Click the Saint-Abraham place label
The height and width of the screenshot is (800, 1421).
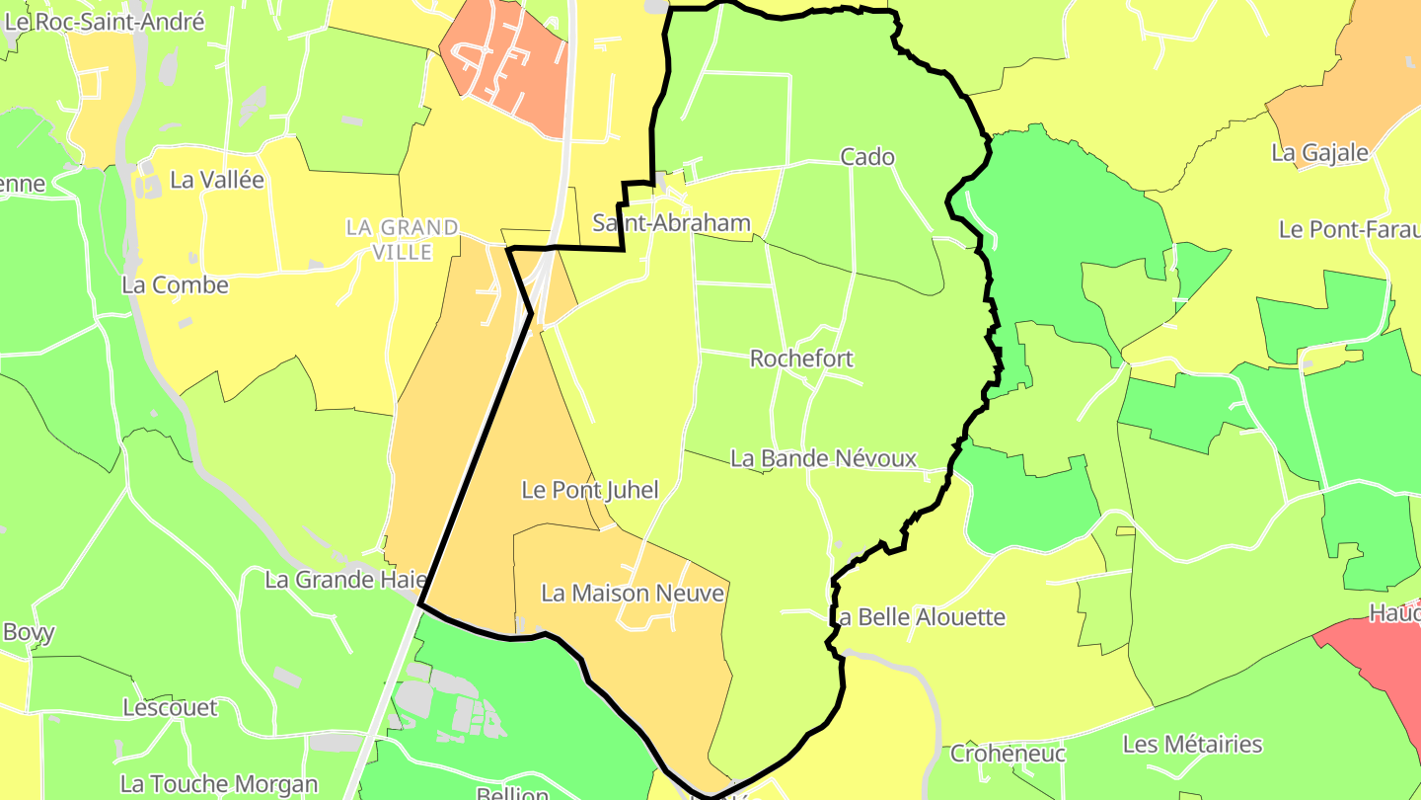671,223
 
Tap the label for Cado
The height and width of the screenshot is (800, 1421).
867,156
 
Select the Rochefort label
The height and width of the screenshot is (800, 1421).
801,358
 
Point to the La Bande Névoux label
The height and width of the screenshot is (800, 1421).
823,458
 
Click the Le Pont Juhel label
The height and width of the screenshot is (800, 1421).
589,489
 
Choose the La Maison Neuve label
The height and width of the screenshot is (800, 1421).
633,594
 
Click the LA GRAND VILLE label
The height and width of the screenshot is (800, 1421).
403,240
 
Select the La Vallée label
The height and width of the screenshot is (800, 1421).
217,180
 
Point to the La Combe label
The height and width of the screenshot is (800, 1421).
175,284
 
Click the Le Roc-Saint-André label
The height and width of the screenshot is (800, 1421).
104,22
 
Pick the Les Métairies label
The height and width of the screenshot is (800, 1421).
1192,744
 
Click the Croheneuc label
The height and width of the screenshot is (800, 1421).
1008,754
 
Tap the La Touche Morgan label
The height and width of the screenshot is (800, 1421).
219,784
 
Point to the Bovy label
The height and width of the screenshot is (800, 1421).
29,632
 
